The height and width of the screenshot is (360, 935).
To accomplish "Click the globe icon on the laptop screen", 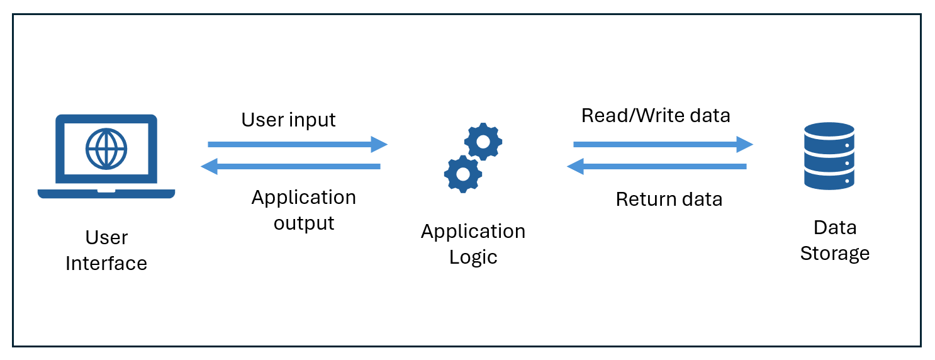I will pyautogui.click(x=106, y=149).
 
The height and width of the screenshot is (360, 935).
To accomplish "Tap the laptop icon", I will pyautogui.click(x=106, y=157).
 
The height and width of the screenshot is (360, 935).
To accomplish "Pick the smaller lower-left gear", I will pyautogui.click(x=462, y=173).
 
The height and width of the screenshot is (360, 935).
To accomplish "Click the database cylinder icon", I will pyautogui.click(x=829, y=155).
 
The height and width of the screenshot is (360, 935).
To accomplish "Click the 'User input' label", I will pyautogui.click(x=288, y=120).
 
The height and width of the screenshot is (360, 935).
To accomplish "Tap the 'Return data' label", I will pyautogui.click(x=669, y=200).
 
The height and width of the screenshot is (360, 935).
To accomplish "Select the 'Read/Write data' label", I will pyautogui.click(x=656, y=116).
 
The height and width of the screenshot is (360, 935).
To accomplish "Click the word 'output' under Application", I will pyautogui.click(x=304, y=223).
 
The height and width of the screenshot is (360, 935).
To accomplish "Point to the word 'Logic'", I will pyautogui.click(x=473, y=257).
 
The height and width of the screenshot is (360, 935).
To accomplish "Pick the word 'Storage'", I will pyautogui.click(x=834, y=254).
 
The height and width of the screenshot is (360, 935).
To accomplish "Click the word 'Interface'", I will pyautogui.click(x=106, y=263).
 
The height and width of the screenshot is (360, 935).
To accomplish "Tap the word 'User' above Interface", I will pyautogui.click(x=106, y=238).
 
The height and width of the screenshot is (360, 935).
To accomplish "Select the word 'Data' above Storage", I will pyautogui.click(x=835, y=227).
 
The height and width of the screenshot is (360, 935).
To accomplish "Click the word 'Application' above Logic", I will pyautogui.click(x=473, y=232).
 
